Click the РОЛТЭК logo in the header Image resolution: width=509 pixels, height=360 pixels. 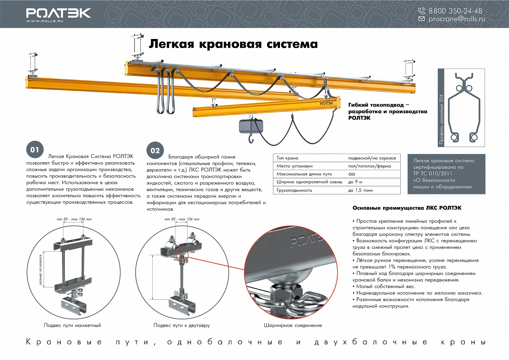point(58,13)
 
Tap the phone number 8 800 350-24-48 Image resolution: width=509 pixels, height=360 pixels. point(455,11)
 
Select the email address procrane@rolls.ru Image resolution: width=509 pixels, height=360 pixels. point(456,19)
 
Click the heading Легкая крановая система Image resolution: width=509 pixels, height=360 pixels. point(233,44)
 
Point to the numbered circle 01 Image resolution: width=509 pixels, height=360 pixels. point(35,150)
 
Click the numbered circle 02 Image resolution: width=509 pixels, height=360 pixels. point(155,151)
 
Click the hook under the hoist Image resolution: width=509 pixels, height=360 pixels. point(251,137)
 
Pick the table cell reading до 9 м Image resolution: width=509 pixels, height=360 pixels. point(355,182)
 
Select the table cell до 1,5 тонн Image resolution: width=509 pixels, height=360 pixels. point(360,190)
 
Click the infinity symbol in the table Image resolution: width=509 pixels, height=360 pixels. point(352,174)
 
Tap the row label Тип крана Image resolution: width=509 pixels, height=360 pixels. point(287,158)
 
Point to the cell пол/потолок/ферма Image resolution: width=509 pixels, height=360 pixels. point(369,166)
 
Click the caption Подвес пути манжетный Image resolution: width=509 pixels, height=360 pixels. point(72,325)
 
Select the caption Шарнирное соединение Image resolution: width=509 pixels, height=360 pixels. point(293,325)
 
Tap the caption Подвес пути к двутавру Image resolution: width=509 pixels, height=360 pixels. point(181,325)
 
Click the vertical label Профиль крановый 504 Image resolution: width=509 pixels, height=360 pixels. point(441,119)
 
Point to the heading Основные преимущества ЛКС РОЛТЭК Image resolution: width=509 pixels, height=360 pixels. point(407,208)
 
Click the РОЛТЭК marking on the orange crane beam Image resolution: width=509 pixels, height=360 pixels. point(326,104)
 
